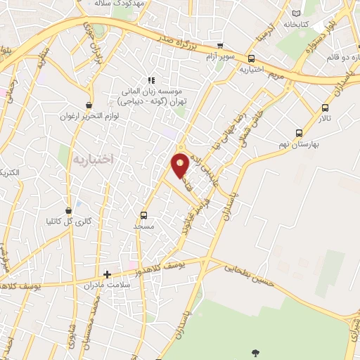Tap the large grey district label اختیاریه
[93, 160]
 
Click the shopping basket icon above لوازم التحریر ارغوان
[89, 104]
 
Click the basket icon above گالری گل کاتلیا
[68, 210]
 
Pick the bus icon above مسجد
[144, 216]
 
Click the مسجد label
[144, 226]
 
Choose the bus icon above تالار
[325, 108]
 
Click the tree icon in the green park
[255, 352]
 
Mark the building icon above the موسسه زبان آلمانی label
[149, 81]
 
